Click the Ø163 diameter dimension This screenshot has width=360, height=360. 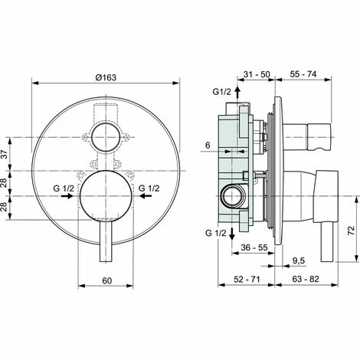tap(106, 78)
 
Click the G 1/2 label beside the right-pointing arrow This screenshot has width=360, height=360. tap(64, 186)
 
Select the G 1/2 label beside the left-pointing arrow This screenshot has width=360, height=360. tap(149, 186)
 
